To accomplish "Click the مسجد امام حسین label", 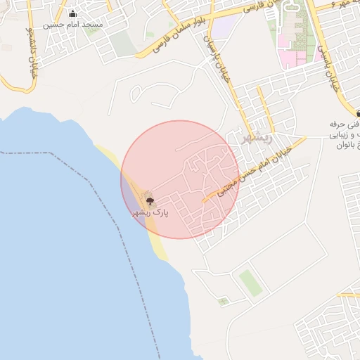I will (73, 24).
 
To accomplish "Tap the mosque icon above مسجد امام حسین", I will (73, 13).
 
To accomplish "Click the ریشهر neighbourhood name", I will (255, 138).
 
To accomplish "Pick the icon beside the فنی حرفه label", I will (358, 112).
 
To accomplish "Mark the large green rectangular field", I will (250, 283).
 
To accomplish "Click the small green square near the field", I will (223, 302).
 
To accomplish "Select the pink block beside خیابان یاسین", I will (291, 56).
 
